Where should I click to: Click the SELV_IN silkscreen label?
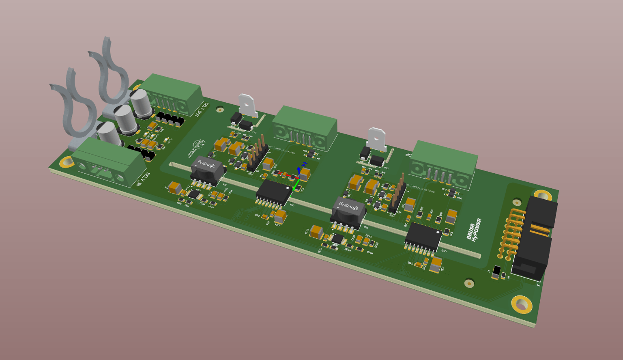coord(143,180)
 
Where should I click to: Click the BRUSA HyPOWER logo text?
coord(474,230)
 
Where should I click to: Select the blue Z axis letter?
coord(304,164)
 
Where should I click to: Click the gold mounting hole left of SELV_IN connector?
coord(67,162)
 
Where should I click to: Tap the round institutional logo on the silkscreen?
coord(198,147)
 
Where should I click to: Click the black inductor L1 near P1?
coord(496,272)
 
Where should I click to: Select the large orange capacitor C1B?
coord(316,232)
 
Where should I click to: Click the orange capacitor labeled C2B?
coord(436,265)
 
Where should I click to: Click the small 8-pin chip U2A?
coord(195,194)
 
